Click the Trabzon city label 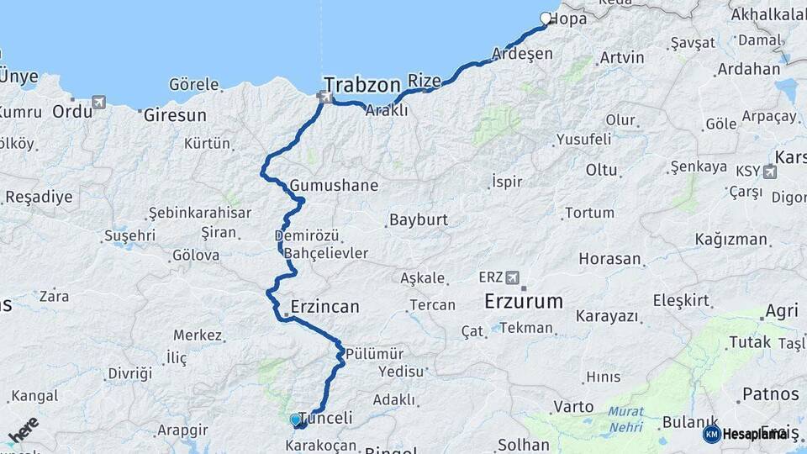(361, 85)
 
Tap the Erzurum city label (524, 301)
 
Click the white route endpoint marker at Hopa (546, 18)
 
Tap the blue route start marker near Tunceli (295, 420)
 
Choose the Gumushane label (334, 185)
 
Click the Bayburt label (418, 220)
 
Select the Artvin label (622, 58)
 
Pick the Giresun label (175, 113)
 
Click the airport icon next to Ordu (100, 103)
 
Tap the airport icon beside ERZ (514, 277)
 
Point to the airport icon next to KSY (769, 172)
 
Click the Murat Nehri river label (627, 419)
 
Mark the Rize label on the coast (424, 81)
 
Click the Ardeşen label (528, 54)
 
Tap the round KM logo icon (711, 434)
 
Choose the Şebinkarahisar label (199, 213)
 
